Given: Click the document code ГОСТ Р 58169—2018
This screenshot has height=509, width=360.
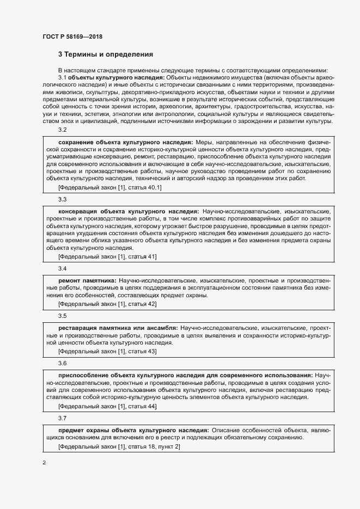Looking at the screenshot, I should [x=72, y=36].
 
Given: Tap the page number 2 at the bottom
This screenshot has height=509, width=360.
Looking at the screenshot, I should [x=44, y=463].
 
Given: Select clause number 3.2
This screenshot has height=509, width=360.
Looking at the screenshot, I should [x=62, y=129].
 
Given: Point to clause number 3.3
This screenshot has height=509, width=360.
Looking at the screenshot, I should [x=62, y=199].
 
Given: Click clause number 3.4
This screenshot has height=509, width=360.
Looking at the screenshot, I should [x=62, y=268].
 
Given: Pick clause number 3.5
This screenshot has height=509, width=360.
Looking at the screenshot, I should [x=62, y=316].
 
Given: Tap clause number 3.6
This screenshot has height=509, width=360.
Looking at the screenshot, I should [x=62, y=363].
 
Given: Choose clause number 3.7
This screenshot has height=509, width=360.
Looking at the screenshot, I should [x=62, y=418].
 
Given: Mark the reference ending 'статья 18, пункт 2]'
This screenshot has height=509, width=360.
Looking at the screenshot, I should [x=119, y=446].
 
